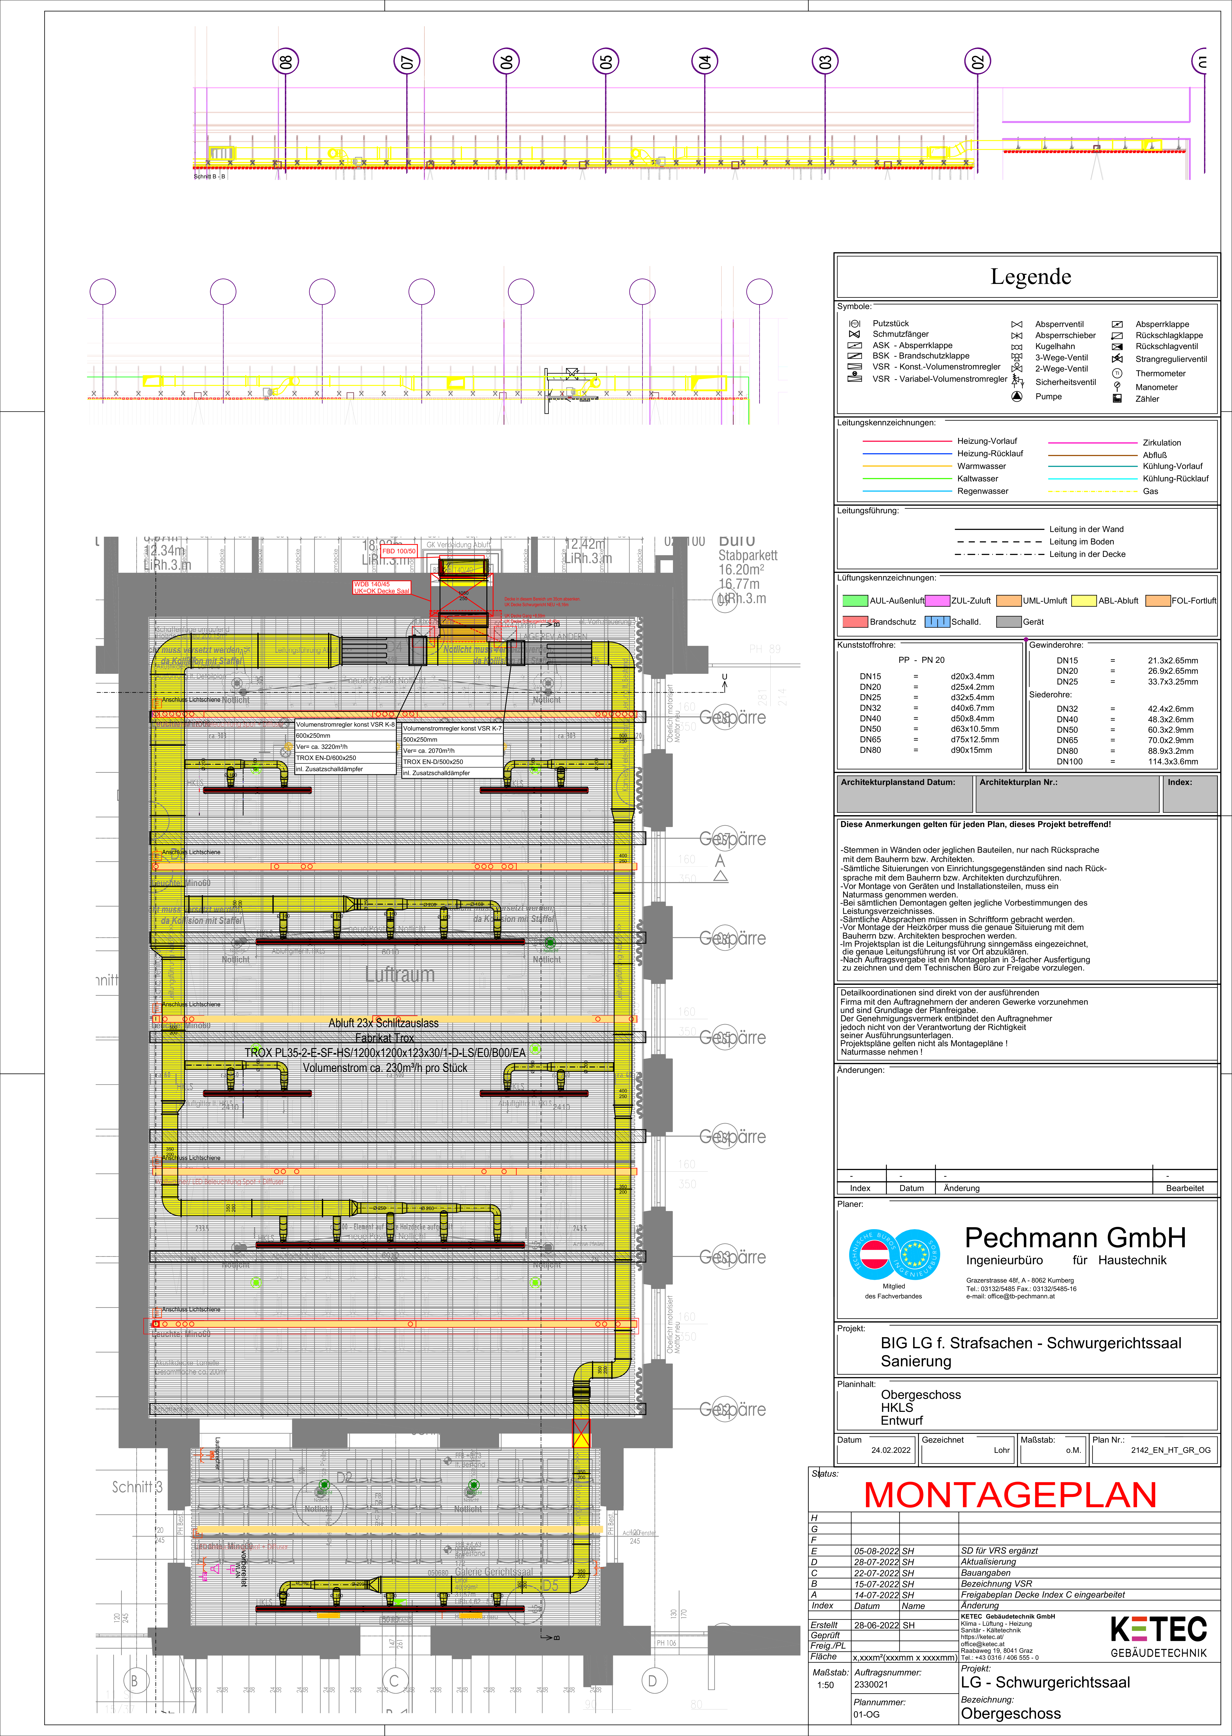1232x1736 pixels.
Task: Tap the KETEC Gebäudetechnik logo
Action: coord(1158,1636)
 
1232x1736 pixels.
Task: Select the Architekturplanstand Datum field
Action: coord(904,793)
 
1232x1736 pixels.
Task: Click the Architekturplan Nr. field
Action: coord(1067,793)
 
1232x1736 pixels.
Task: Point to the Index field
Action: coord(1190,793)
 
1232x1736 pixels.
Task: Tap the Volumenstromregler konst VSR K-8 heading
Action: coord(345,724)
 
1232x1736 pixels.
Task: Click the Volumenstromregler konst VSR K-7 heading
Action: coord(452,728)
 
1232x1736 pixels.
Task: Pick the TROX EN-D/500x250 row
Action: coord(452,762)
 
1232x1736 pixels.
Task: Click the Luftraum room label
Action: coord(400,974)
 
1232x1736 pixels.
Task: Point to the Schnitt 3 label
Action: coord(137,1487)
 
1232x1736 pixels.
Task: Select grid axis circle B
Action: coord(135,1681)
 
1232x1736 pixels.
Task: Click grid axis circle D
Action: coord(652,1681)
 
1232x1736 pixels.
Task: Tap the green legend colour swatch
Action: coord(855,601)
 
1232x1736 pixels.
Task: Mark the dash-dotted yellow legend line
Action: coord(1092,491)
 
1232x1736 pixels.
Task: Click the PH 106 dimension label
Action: coord(666,1643)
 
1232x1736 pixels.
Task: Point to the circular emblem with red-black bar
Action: coord(874,1254)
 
